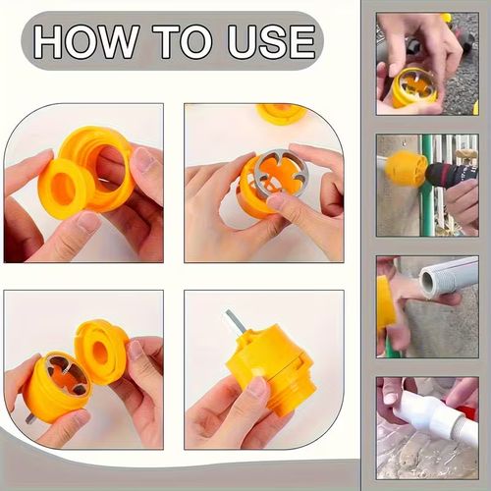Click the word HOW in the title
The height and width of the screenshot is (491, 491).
(88, 41)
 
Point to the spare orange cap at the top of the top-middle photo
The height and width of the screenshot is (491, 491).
(282, 111)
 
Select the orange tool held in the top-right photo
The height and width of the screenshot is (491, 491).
(413, 87)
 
